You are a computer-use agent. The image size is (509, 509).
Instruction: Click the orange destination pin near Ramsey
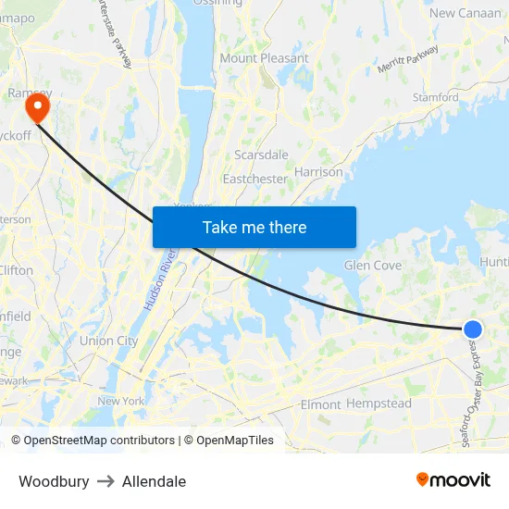click(x=38, y=109)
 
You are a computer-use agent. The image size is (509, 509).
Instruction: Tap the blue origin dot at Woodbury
click(x=472, y=329)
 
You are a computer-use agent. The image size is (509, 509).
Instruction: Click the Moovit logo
click(x=453, y=479)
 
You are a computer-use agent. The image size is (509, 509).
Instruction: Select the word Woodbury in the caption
click(x=54, y=481)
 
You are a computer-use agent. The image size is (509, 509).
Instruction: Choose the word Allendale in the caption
click(x=154, y=481)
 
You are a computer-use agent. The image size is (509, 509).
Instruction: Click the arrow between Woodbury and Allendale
click(x=106, y=481)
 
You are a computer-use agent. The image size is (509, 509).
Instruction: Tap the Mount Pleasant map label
click(x=264, y=57)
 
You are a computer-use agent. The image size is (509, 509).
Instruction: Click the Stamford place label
click(x=435, y=96)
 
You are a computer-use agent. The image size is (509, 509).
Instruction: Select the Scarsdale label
click(x=261, y=155)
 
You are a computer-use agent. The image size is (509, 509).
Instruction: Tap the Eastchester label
click(x=254, y=179)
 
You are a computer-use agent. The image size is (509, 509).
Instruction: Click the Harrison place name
click(x=318, y=171)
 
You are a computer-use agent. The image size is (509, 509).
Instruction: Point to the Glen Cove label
click(x=372, y=265)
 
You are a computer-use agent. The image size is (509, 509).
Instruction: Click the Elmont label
click(x=320, y=404)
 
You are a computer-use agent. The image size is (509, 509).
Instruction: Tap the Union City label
click(x=108, y=341)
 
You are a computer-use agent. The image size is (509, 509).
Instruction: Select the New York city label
click(x=121, y=401)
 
